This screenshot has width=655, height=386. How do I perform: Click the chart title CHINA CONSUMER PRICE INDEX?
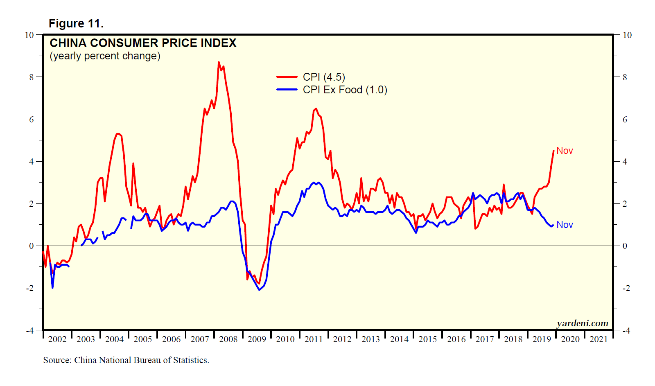tap(143, 43)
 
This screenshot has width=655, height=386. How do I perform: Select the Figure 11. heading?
tap(76, 23)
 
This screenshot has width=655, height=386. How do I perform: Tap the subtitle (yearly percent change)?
tap(105, 56)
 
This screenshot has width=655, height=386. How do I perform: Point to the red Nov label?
tap(565, 151)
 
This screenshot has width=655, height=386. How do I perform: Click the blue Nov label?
tap(565, 225)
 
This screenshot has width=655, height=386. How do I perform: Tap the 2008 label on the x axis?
tap(228, 339)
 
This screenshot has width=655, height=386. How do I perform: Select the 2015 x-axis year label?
tap(427, 339)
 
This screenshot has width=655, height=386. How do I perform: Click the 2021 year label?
tap(599, 339)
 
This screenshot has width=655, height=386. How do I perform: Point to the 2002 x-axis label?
tap(57, 339)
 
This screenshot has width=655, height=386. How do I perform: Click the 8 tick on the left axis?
tap(32, 77)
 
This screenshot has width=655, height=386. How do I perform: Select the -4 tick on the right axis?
tap(627, 331)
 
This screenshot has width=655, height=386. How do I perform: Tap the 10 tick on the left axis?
tap(29, 35)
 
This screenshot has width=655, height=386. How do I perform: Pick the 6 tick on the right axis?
tap(625, 120)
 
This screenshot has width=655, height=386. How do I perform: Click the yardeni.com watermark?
tap(582, 323)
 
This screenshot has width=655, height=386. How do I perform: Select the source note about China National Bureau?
tap(126, 360)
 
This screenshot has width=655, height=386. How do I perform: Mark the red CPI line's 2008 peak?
tap(219, 62)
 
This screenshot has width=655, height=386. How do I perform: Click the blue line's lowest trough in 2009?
tap(259, 290)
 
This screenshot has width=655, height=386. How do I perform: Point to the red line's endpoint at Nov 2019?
tap(553, 151)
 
